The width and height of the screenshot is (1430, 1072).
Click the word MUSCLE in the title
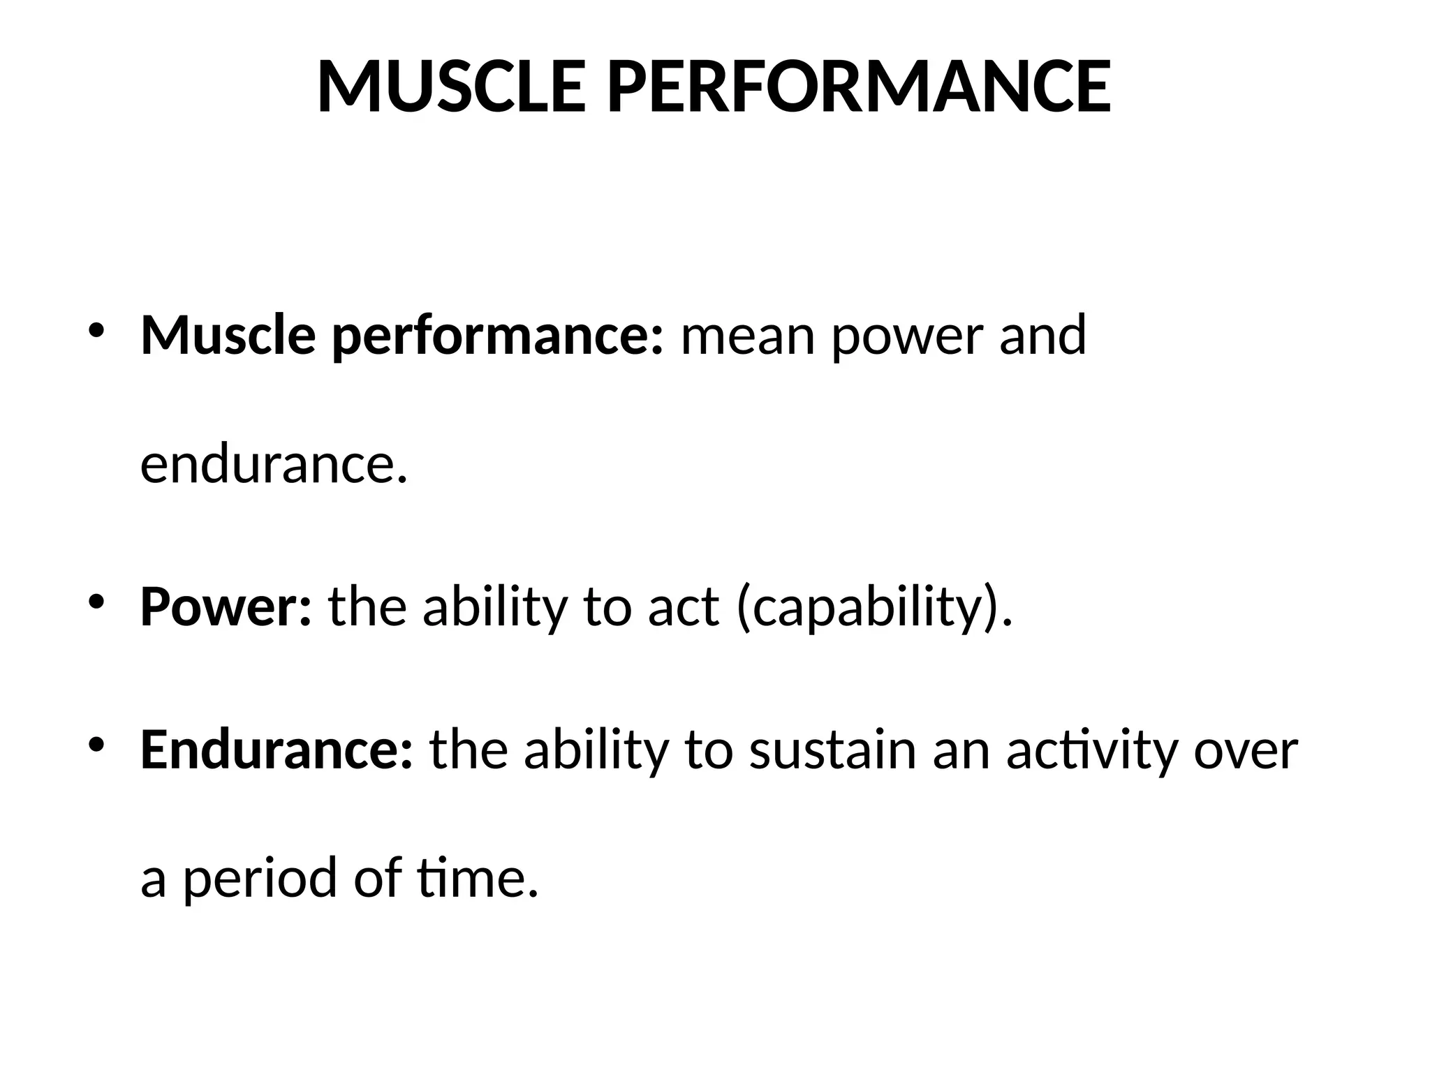(x=451, y=87)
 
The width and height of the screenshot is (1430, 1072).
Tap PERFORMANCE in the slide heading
(x=858, y=87)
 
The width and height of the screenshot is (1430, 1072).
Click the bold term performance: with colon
(x=497, y=336)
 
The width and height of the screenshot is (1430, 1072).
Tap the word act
(x=683, y=606)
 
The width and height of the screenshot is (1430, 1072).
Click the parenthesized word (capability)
(x=874, y=608)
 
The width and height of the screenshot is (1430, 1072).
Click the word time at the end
(x=478, y=878)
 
